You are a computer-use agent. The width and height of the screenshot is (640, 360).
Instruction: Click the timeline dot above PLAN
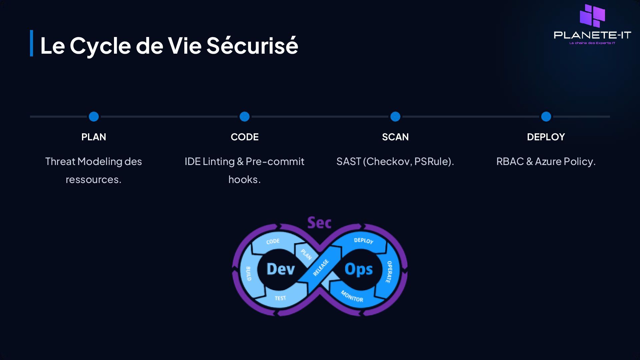[94, 117]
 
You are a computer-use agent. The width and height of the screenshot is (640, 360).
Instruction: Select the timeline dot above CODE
[244, 117]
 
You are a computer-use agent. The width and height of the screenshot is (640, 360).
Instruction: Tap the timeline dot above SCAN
[395, 117]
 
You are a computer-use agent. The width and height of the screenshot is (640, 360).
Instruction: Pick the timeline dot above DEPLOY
[546, 117]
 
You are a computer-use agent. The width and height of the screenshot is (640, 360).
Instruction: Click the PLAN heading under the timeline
[94, 137]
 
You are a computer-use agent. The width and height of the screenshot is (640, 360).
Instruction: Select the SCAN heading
[395, 137]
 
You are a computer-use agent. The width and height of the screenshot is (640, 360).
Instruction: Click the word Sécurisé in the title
[252, 45]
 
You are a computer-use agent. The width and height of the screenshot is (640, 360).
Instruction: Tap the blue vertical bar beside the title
[32, 43]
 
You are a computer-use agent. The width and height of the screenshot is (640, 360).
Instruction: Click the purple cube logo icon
[592, 16]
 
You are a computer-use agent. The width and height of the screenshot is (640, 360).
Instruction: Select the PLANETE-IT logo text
[592, 35]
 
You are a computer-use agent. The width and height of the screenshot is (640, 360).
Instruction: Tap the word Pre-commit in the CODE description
[275, 162]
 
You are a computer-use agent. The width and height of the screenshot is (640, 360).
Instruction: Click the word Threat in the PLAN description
[60, 162]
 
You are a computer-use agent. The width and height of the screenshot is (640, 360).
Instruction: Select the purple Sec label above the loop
[319, 223]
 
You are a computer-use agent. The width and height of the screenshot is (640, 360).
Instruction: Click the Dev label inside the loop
[280, 269]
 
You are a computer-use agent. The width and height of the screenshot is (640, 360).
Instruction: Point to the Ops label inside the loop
[358, 269]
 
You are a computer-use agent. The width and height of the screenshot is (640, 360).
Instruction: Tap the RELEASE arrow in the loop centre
[321, 268]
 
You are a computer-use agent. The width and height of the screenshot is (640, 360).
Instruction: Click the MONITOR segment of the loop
[352, 296]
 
